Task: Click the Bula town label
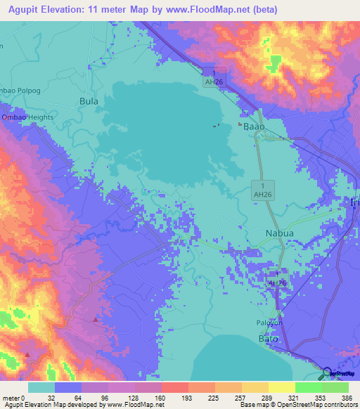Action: (x=89, y=101)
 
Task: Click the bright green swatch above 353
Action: (x=309, y=387)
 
